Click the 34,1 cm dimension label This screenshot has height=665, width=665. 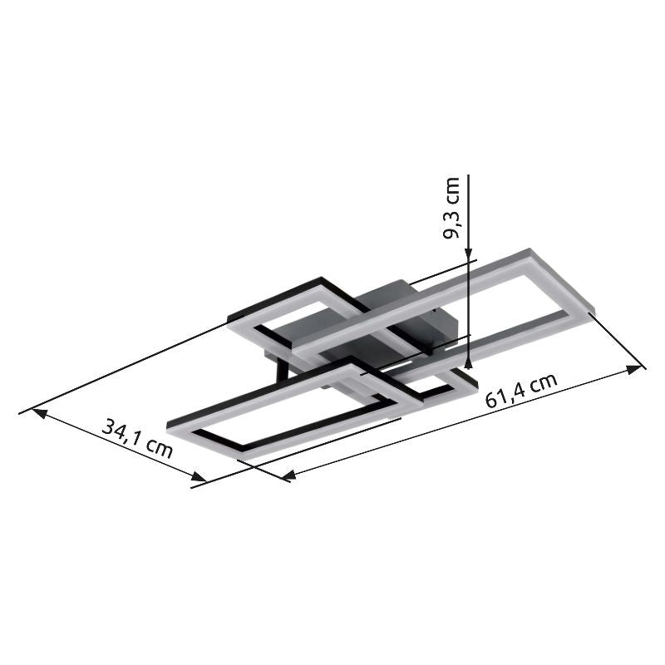click(x=138, y=438)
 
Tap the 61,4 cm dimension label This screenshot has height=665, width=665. click(x=521, y=391)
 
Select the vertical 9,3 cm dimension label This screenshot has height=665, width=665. click(x=452, y=208)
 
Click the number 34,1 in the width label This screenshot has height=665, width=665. click(x=122, y=431)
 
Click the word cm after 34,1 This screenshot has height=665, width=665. click(x=158, y=449)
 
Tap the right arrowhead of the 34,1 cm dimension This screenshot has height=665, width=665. click(x=199, y=478)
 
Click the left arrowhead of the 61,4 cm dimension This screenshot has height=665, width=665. click(x=288, y=476)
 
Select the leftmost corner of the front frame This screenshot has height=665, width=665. click(x=170, y=425)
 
